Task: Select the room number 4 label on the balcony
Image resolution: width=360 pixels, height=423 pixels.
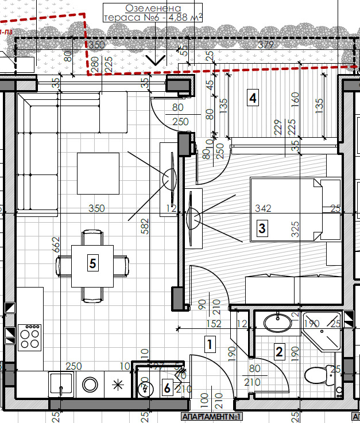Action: (251, 98)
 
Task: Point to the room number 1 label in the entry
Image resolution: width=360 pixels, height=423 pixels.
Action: (210, 345)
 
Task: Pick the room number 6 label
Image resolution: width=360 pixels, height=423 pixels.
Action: (167, 389)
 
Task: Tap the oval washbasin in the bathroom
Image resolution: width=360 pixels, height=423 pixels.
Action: (277, 323)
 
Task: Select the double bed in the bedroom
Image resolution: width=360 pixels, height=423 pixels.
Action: (287, 209)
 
